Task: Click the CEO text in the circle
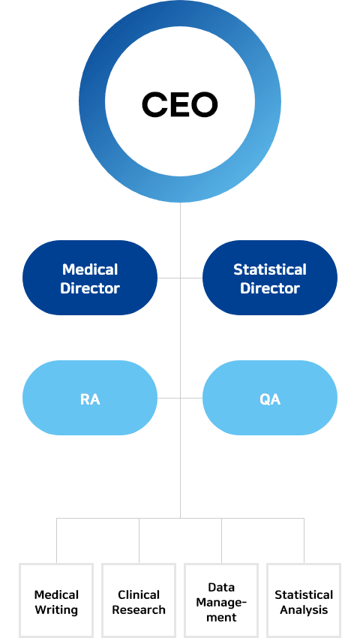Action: pos(180,104)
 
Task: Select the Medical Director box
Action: pos(90,278)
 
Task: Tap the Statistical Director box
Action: pos(270,278)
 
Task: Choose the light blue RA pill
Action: pos(90,398)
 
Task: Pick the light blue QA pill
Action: pos(270,398)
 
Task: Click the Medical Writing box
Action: pos(56,600)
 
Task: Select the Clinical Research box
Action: pos(139,600)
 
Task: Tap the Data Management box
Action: pos(221,600)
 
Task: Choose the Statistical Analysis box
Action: pos(304,600)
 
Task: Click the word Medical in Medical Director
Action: pos(90,269)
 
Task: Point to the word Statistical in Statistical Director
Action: pos(270,269)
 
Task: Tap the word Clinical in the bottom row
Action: pos(139,595)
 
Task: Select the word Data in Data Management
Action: pos(221,587)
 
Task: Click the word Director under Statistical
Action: pos(270,288)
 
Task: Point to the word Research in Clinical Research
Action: pos(139,610)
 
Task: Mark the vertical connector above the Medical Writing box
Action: pos(56,540)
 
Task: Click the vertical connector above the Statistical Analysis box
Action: pos(304,540)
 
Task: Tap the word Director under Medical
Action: pos(90,288)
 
